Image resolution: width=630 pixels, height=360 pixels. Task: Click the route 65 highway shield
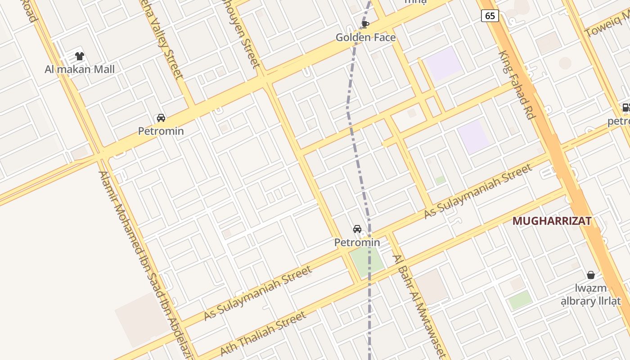(x=490, y=16)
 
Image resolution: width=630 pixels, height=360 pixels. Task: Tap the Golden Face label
(x=365, y=37)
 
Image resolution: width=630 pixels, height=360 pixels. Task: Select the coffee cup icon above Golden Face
(x=365, y=24)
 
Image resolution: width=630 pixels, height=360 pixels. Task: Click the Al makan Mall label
(x=80, y=69)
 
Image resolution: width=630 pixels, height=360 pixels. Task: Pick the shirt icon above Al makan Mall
(x=80, y=56)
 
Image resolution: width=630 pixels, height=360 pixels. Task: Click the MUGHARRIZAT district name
(x=552, y=221)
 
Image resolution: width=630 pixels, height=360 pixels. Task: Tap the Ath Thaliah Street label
(x=263, y=333)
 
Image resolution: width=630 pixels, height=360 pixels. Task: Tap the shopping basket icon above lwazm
(x=591, y=274)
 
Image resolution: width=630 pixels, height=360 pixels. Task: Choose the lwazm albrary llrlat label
(x=591, y=295)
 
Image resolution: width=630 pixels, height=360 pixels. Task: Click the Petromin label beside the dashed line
(x=357, y=243)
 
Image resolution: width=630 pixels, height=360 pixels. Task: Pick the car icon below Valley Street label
(x=161, y=118)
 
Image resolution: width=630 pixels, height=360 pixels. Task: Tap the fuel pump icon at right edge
(x=625, y=108)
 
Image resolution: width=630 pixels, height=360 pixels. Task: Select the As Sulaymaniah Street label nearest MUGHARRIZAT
(x=478, y=191)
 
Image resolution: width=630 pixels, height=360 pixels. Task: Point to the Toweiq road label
(x=607, y=25)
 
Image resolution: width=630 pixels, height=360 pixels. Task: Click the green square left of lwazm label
(x=520, y=300)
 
